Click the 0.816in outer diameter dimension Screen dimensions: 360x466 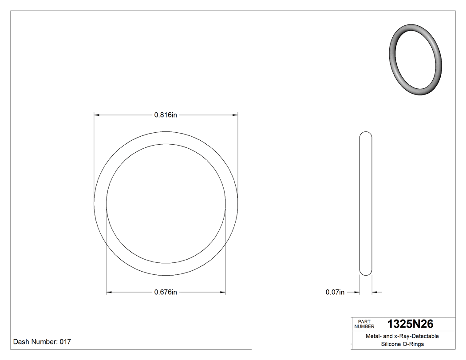click(x=166, y=115)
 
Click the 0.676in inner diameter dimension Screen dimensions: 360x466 click(x=166, y=292)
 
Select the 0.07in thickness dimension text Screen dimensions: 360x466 click(x=335, y=292)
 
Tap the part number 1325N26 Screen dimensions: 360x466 click(x=410, y=324)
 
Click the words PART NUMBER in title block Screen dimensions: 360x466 click(x=364, y=324)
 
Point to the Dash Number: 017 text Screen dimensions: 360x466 click(x=42, y=342)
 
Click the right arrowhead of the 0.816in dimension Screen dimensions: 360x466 click(x=235, y=115)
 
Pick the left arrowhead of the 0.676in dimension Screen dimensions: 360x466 click(x=109, y=292)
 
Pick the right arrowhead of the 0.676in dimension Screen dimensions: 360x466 click(x=223, y=292)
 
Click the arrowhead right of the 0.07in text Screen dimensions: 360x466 click(x=375, y=292)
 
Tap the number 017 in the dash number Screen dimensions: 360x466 click(x=65, y=342)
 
